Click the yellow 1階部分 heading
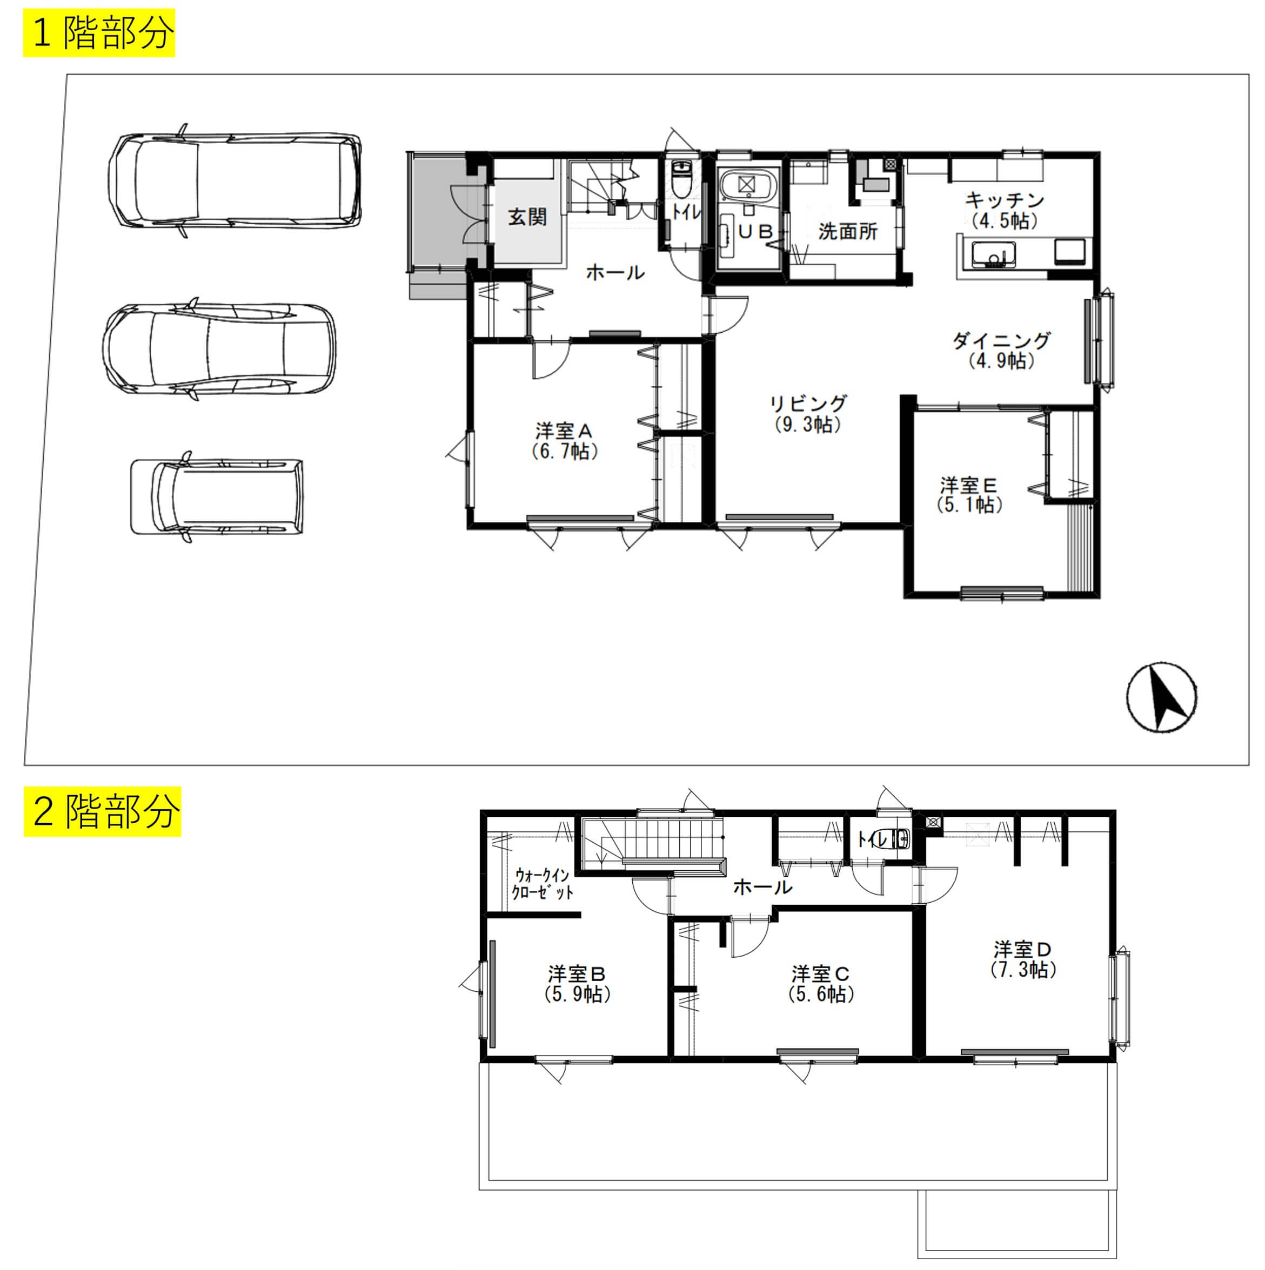pos(99,33)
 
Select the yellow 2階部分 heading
pos(103,811)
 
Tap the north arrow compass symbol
pos(1162,698)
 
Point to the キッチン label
pos(1005,199)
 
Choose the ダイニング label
pos(1001,340)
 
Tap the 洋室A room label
pos(564,431)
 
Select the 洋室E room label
pos(968,486)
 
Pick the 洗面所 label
pos(848,231)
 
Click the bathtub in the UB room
pos(746,185)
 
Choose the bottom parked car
pos(217,496)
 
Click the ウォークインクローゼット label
pos(543,883)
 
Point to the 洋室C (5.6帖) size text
pos(821,993)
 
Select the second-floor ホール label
pos(762,887)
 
